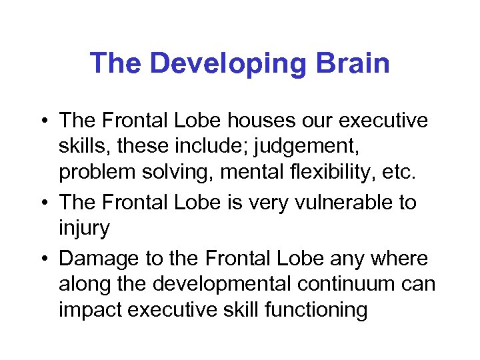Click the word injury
pyautogui.click(x=84, y=228)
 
